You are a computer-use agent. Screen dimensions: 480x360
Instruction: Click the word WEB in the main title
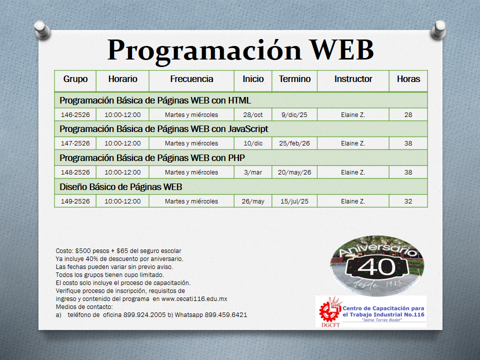341,49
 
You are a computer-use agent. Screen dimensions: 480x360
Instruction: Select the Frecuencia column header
191,79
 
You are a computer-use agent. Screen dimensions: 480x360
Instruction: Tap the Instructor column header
353,79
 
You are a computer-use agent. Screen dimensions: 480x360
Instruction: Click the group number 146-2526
75,115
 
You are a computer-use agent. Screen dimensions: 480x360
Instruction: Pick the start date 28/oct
253,115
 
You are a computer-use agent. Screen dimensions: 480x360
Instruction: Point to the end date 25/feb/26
294,143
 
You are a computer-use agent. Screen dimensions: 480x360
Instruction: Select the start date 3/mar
253,172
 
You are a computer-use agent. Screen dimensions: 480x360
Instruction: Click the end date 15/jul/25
294,201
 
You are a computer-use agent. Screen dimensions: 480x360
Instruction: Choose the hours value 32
408,201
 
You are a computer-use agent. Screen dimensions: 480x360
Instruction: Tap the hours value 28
408,115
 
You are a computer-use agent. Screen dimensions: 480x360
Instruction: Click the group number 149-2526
75,201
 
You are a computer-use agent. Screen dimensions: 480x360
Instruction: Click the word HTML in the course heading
239,100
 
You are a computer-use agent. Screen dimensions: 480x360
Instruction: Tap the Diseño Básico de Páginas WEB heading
121,187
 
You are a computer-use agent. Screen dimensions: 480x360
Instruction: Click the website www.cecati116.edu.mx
194,299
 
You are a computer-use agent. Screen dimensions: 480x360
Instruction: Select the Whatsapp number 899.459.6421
226,314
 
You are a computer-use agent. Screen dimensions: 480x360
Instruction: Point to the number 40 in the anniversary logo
377,266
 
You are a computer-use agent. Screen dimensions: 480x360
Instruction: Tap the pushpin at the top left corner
42,29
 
